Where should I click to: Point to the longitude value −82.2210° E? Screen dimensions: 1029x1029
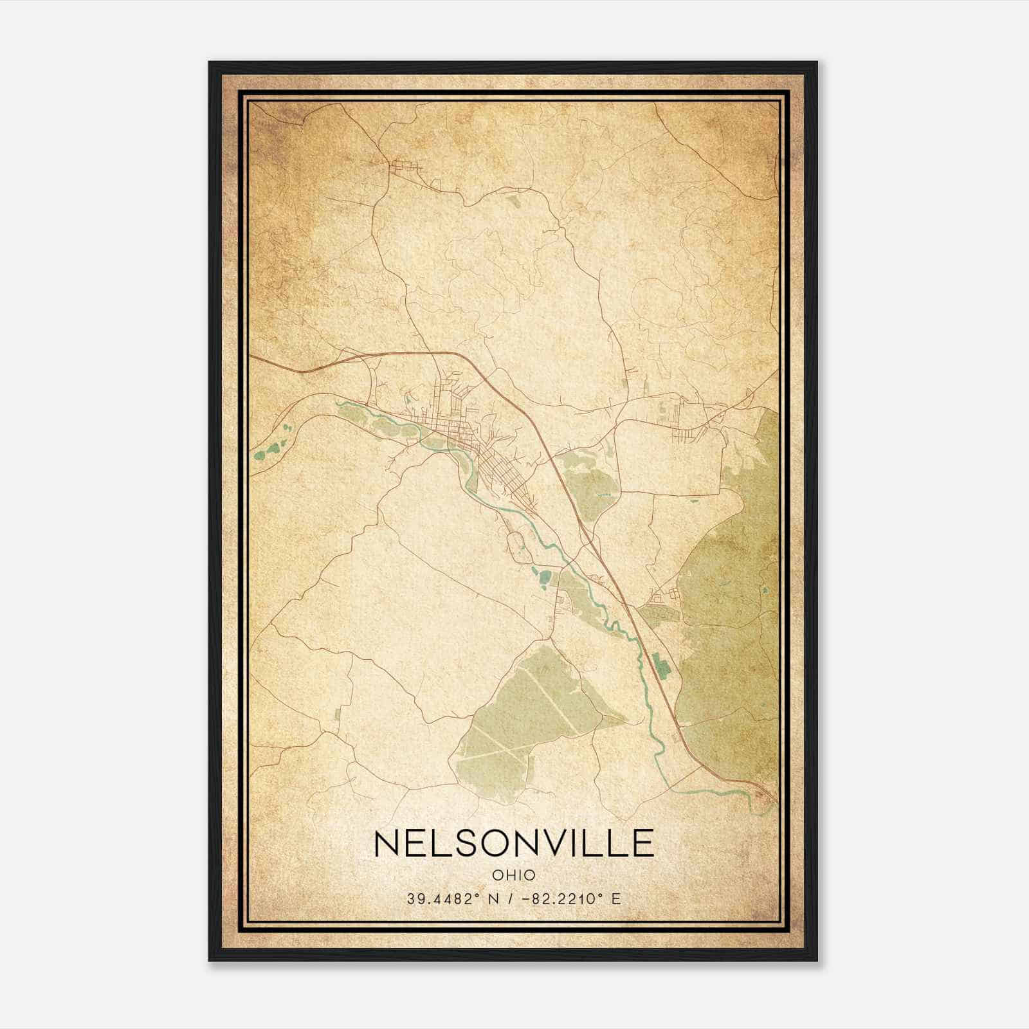tap(572, 899)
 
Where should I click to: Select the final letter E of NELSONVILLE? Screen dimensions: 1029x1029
tap(644, 843)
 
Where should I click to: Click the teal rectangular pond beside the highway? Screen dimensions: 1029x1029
tap(659, 666)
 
